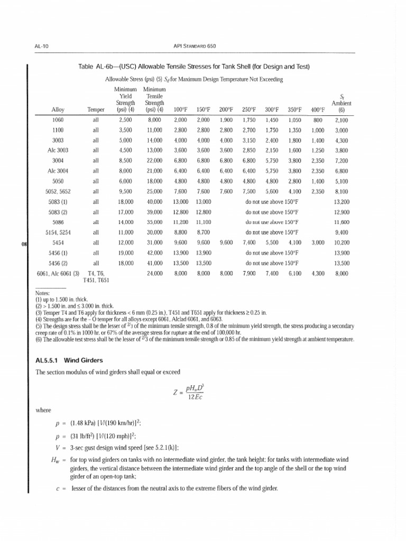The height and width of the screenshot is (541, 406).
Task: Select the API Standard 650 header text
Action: click(x=202, y=46)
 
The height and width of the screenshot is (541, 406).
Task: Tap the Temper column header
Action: click(x=96, y=109)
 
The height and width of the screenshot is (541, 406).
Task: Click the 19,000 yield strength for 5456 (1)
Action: click(x=125, y=253)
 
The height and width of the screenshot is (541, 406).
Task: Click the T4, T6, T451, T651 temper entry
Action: click(x=96, y=276)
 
